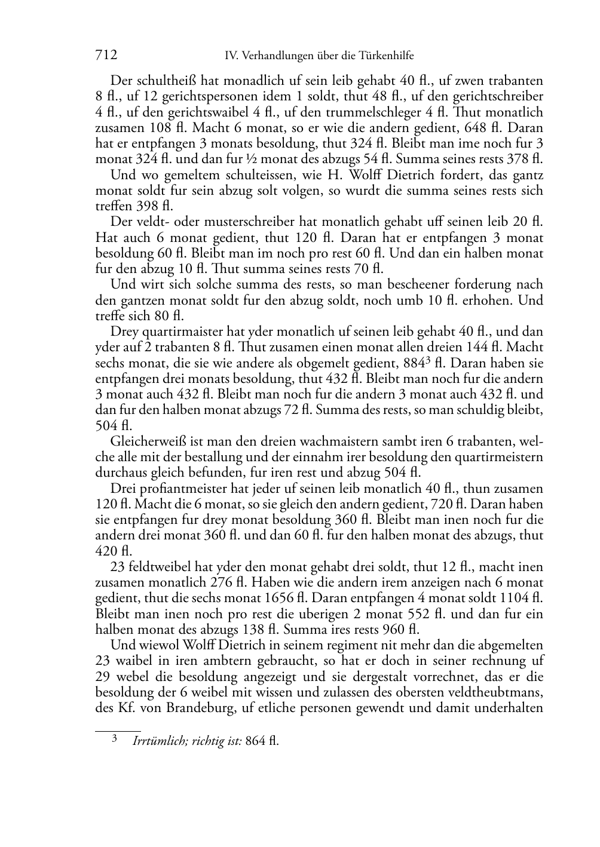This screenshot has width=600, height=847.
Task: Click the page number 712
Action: (x=106, y=56)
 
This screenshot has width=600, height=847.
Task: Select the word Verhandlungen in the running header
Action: (x=273, y=56)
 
